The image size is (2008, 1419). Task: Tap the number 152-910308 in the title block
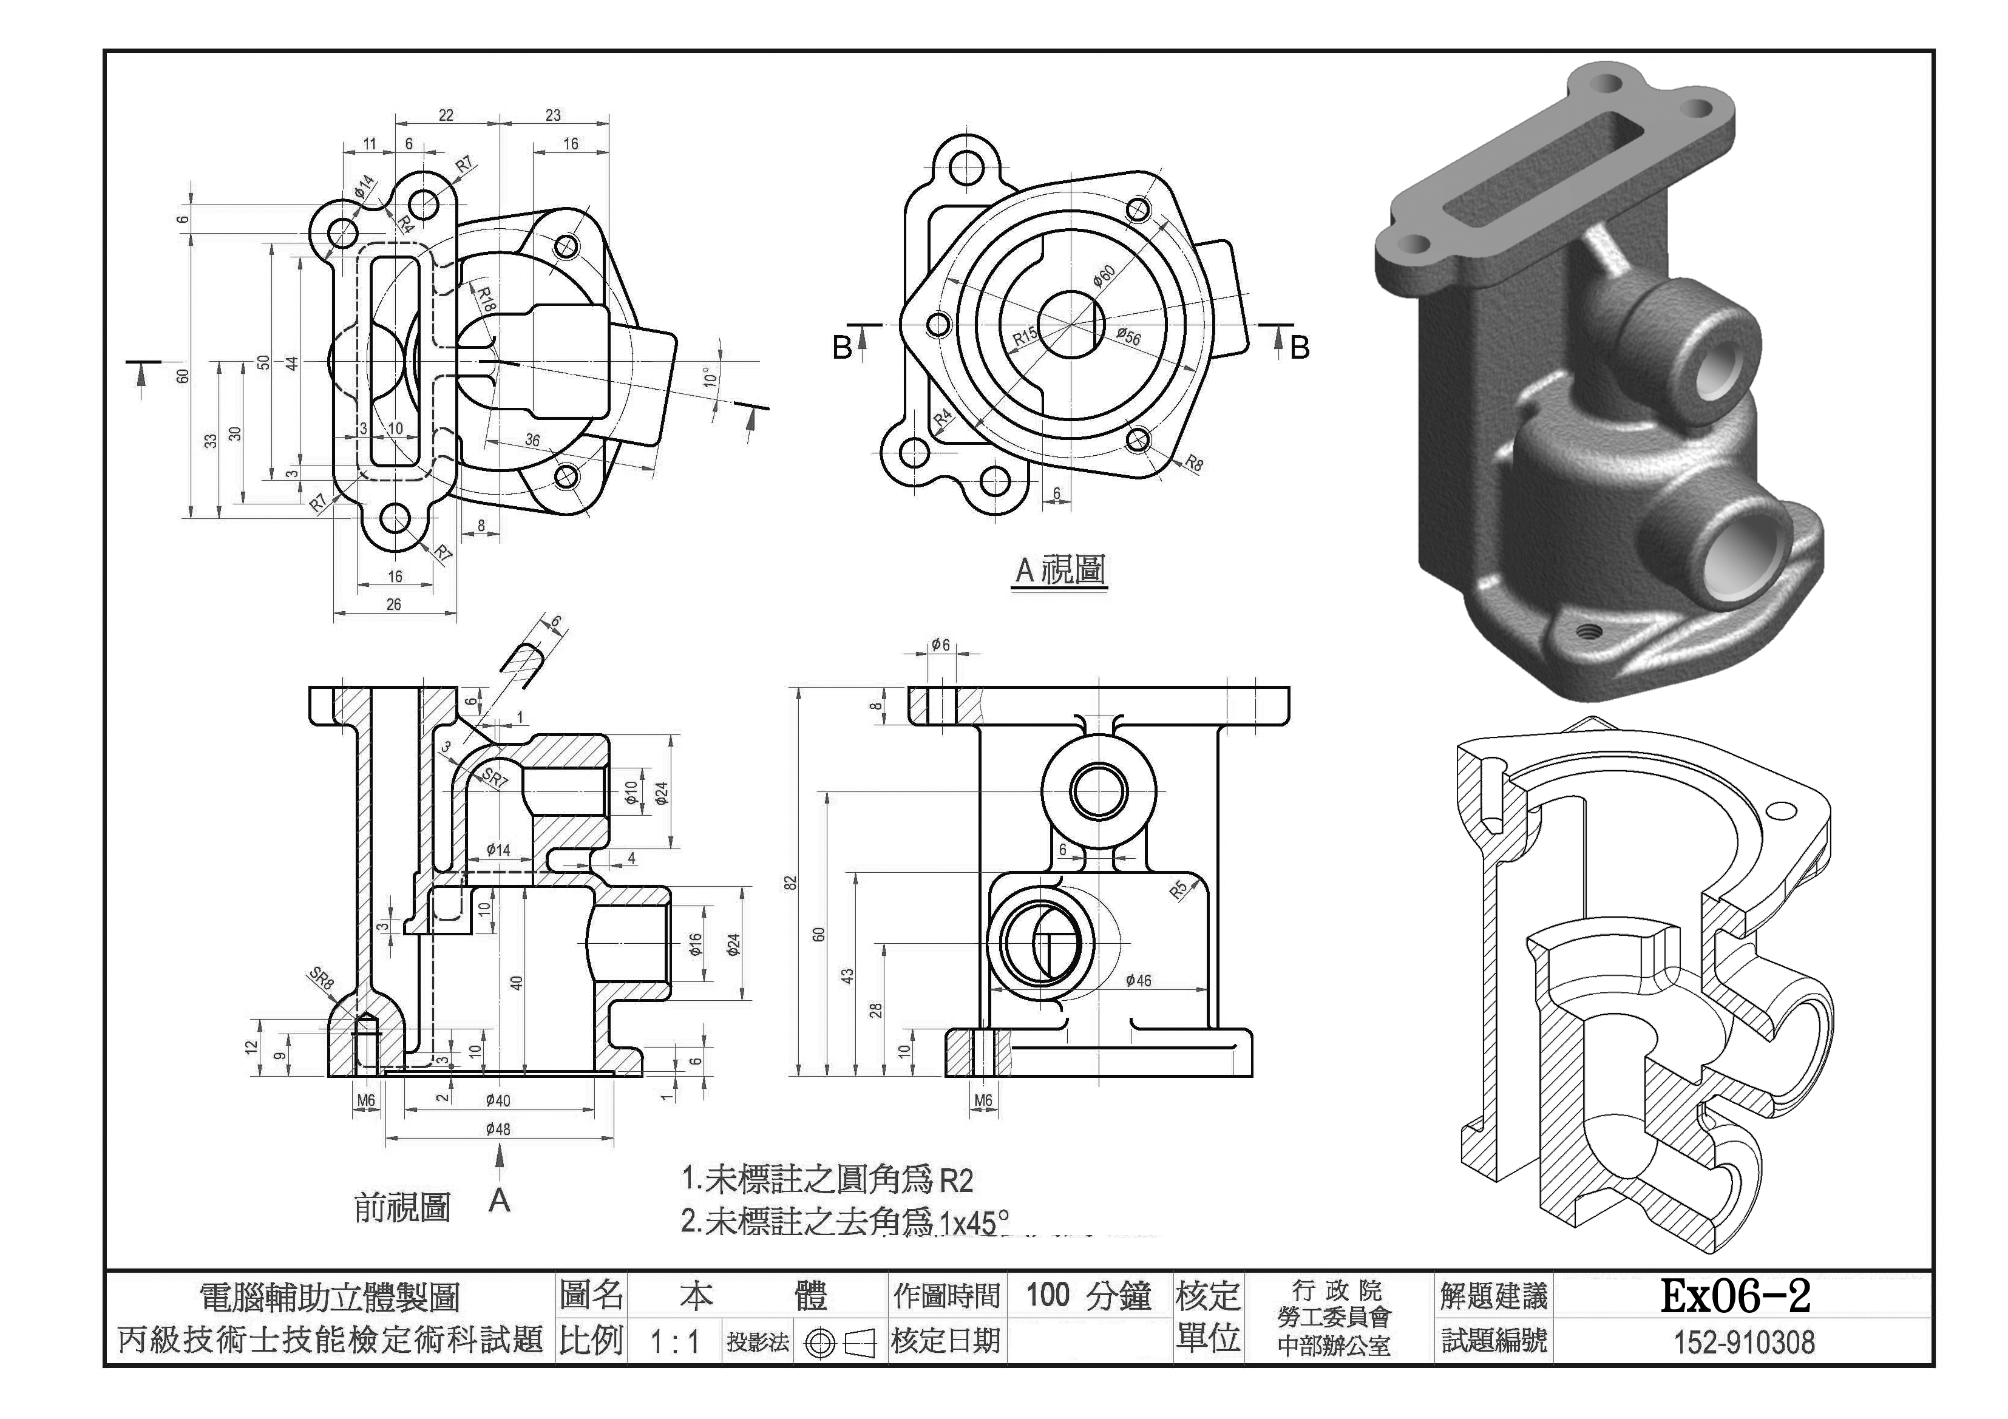[1744, 1342]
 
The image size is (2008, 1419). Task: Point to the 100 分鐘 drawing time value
[1089, 1296]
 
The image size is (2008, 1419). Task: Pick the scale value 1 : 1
[675, 1342]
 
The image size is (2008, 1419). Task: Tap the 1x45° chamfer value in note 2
[974, 1222]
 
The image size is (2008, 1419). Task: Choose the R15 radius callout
[1026, 337]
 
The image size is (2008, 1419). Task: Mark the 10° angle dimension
[710, 378]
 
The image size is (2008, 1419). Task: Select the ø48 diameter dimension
[498, 1129]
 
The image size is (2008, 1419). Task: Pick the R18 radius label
[486, 299]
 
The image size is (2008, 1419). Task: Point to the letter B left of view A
[841, 348]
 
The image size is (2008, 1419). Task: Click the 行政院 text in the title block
[1336, 1290]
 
